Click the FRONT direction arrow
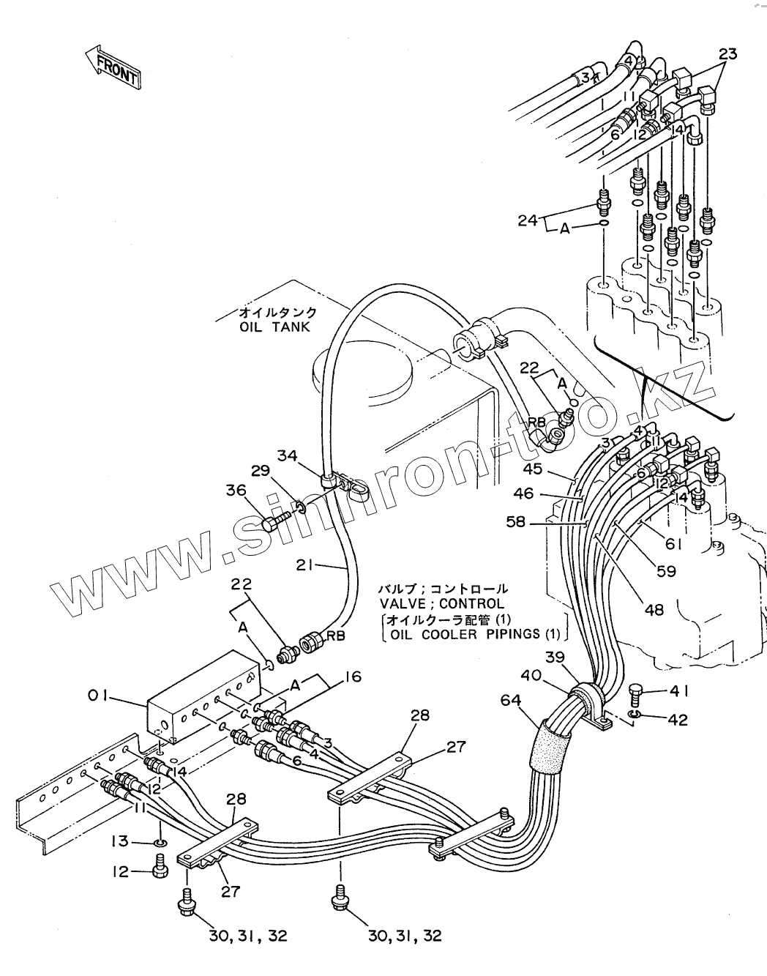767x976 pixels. coord(112,68)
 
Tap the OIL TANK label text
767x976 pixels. coord(274,327)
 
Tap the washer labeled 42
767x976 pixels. coord(635,715)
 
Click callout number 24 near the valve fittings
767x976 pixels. coord(528,220)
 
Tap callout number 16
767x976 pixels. coord(352,676)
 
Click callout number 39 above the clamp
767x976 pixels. coord(555,657)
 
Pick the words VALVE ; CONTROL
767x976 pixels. coord(441,604)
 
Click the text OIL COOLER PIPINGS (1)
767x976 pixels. coord(475,633)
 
